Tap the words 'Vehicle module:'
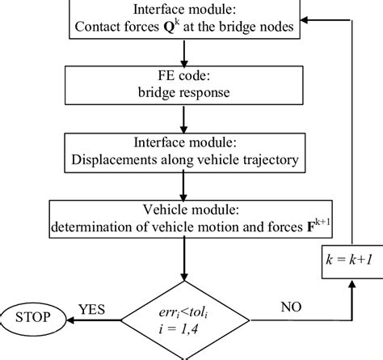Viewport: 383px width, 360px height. coord(185,210)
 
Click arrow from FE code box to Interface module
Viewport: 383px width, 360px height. coord(186,119)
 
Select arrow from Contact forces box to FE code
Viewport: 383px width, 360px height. coord(186,53)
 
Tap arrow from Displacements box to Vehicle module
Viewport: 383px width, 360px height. coord(186,186)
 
